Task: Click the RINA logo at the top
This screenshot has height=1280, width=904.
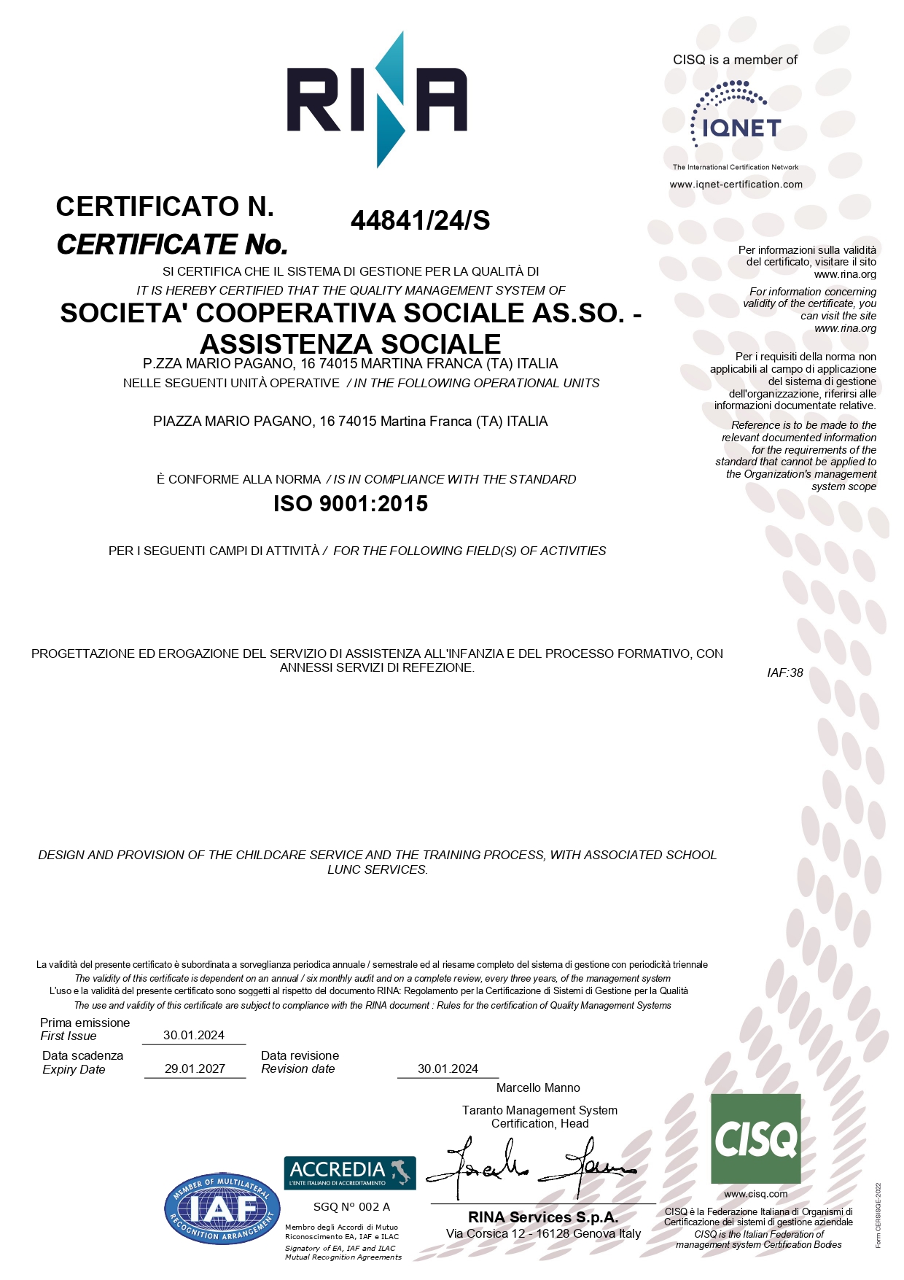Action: click(x=377, y=100)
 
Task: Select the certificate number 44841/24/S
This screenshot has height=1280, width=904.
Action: click(x=420, y=220)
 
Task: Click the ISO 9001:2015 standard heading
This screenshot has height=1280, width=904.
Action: click(x=351, y=504)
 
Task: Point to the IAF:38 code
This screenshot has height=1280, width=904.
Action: click(x=784, y=672)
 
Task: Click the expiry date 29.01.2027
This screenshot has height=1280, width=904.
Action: click(x=195, y=1068)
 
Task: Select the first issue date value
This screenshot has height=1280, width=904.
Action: click(x=194, y=1035)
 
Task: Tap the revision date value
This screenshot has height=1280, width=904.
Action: click(x=448, y=1068)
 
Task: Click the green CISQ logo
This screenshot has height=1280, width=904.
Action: click(x=755, y=1139)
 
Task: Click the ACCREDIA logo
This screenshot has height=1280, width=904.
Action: click(x=350, y=1172)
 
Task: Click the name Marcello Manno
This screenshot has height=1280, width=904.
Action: click(x=538, y=1087)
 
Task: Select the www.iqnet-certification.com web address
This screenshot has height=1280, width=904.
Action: click(x=736, y=185)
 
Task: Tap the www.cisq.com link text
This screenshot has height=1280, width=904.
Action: click(x=756, y=1194)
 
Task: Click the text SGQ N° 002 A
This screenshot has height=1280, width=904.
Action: click(x=351, y=1207)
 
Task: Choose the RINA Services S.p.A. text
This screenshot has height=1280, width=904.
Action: click(x=543, y=1217)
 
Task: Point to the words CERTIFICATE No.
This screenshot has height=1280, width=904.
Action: click(x=172, y=244)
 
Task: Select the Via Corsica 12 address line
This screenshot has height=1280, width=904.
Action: click(x=543, y=1233)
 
